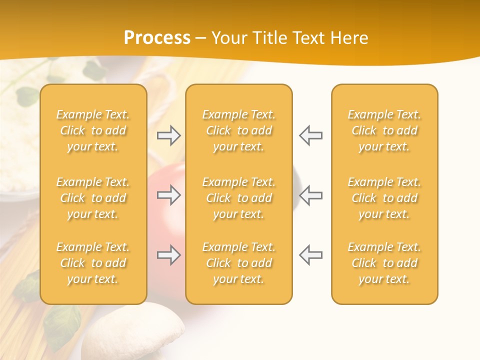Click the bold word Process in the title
pyautogui.click(x=157, y=37)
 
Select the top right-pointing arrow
pyautogui.click(x=168, y=135)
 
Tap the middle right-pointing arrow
pyautogui.click(x=168, y=195)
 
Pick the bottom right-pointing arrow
pyautogui.click(x=168, y=255)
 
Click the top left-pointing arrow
pyautogui.click(x=310, y=135)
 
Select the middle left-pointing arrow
pyautogui.click(x=310, y=195)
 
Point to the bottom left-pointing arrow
pyautogui.click(x=310, y=255)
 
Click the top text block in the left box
pyautogui.click(x=93, y=130)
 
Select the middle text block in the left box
pyautogui.click(x=93, y=198)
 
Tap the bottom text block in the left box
pyautogui.click(x=93, y=263)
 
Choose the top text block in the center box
pyautogui.click(x=238, y=130)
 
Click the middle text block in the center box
pyautogui.click(x=238, y=198)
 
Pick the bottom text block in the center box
pyautogui.click(x=238, y=263)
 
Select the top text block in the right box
pyautogui.click(x=384, y=130)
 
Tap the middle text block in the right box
pyautogui.click(x=384, y=198)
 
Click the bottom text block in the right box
pyautogui.click(x=384, y=263)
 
